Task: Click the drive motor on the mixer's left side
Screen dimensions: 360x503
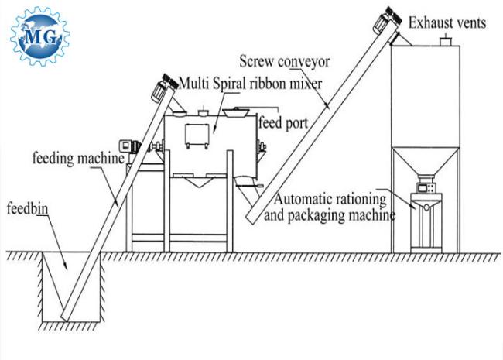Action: click(128, 145)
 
